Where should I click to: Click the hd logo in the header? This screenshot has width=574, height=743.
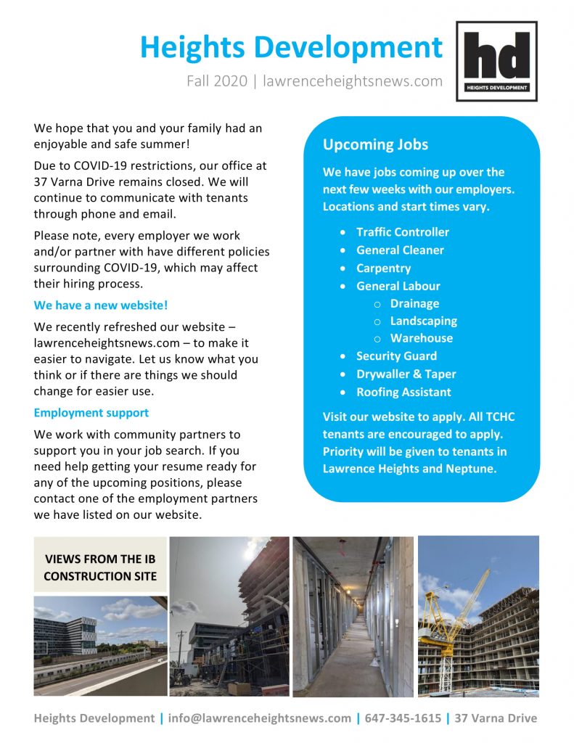click(496, 61)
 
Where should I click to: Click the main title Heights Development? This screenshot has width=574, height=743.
click(291, 47)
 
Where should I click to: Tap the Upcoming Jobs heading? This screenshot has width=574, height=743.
click(375, 144)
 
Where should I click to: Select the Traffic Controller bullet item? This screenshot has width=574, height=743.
click(402, 232)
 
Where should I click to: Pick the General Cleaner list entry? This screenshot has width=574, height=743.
click(400, 250)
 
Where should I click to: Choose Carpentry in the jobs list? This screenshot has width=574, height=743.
click(384, 268)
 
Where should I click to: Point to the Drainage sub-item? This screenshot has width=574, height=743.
click(414, 303)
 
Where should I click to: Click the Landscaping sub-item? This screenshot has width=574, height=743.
click(423, 321)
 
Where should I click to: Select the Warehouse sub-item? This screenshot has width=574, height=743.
click(421, 338)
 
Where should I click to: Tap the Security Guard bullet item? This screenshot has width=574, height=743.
click(396, 356)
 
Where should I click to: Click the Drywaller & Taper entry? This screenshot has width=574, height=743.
click(406, 374)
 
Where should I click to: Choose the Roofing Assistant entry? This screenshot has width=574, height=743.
click(403, 392)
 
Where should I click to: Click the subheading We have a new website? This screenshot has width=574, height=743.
click(101, 305)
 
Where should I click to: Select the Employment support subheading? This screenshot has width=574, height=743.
click(91, 413)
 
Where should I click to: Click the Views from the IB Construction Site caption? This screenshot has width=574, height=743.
click(100, 568)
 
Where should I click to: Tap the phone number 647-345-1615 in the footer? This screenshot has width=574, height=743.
click(403, 718)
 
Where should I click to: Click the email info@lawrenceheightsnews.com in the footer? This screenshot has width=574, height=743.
click(259, 718)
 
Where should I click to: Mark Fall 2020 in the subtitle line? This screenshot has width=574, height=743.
click(216, 81)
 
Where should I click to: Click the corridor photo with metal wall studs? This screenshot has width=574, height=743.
click(353, 617)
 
